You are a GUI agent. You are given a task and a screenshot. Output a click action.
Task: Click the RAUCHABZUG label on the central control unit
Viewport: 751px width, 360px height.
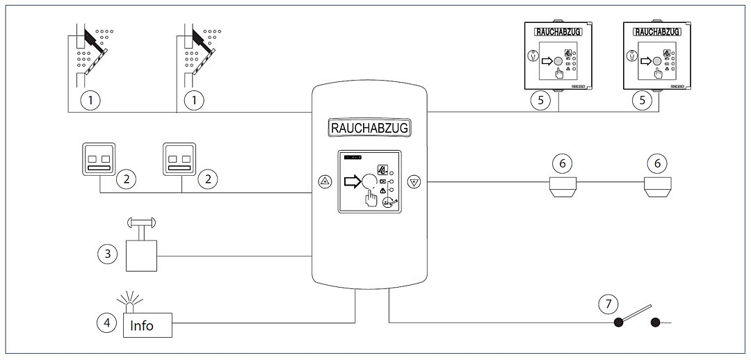tap(369, 128)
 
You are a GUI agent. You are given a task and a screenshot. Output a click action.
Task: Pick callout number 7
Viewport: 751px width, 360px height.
tap(608, 303)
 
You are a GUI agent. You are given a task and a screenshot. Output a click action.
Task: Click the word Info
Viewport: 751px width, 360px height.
tap(143, 325)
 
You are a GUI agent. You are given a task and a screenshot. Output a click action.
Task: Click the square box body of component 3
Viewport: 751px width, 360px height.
tap(142, 255)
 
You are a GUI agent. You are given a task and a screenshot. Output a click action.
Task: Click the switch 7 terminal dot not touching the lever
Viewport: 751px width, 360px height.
tap(655, 322)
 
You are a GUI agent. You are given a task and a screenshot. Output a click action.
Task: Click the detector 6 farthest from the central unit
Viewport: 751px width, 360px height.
tap(656, 186)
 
